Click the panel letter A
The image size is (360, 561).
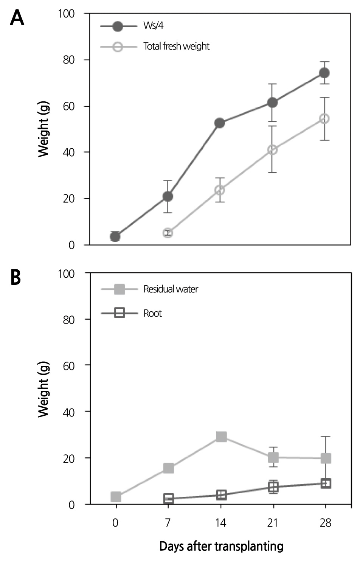pos(17,17)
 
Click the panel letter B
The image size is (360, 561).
pos(16,277)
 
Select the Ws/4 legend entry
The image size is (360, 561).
pos(153,26)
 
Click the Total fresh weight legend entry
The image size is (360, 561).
pos(176,46)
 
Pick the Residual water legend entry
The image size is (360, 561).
pos(171,289)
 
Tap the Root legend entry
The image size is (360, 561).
pos(152,313)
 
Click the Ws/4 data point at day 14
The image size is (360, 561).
pos(220,123)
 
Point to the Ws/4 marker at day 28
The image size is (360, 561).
pos(324,73)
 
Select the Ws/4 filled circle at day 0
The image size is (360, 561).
pos(115,236)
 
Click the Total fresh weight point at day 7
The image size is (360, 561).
pos(168,233)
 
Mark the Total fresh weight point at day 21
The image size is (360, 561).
pos(272,150)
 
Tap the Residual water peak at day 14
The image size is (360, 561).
pos(221,437)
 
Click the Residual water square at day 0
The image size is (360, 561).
pos(116,497)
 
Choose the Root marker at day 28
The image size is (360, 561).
pos(326,483)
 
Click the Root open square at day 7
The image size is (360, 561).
pos(169,499)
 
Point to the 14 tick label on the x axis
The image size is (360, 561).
pos(220,523)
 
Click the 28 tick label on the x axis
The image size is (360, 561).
pos(325,523)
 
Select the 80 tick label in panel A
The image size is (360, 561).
pos(68,60)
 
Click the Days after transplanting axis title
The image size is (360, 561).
pos(221,546)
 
